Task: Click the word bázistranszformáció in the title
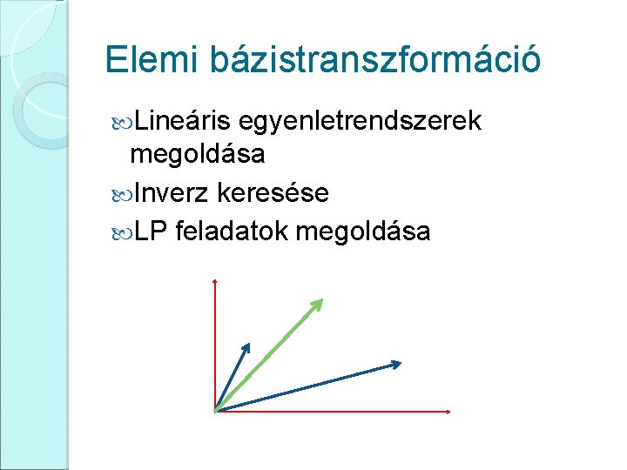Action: [373, 60]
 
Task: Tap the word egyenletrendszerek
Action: [359, 122]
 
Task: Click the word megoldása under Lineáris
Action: [197, 156]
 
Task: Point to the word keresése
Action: [274, 192]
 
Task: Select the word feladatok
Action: [232, 231]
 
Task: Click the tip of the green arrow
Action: [321, 300]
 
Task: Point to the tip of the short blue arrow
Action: [249, 344]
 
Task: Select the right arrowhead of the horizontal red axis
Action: [448, 410]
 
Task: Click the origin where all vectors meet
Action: [214, 410]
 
